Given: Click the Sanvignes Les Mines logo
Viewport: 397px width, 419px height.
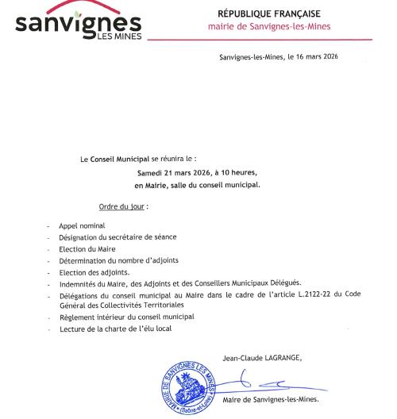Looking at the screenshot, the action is click(x=78, y=23).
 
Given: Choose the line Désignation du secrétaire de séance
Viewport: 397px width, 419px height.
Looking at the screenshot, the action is click(x=118, y=237).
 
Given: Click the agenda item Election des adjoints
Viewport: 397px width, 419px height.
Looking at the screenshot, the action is click(x=94, y=271).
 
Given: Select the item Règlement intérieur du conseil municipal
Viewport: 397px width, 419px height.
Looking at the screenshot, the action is click(x=126, y=317).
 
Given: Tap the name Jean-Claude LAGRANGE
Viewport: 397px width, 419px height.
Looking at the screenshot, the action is click(x=262, y=356).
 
